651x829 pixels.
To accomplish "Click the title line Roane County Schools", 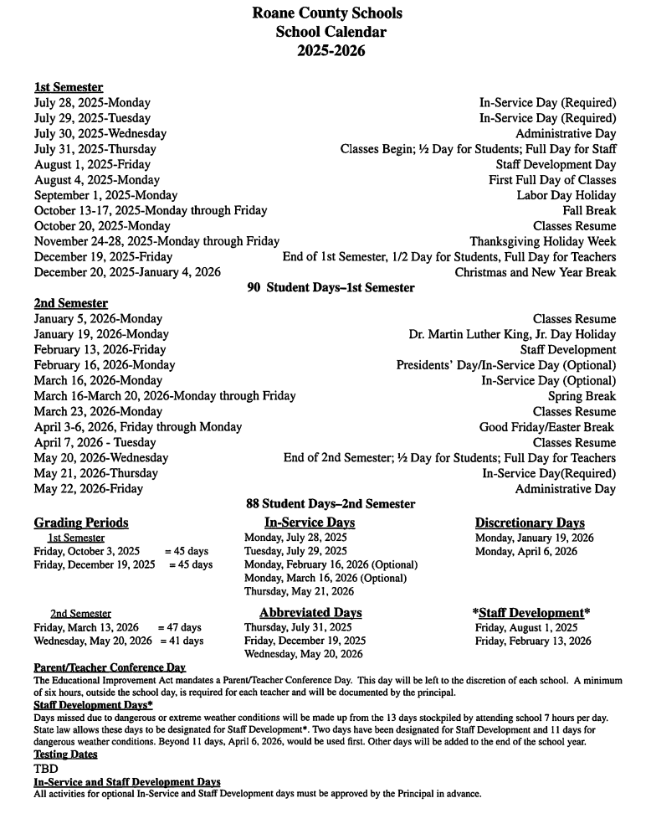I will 326,13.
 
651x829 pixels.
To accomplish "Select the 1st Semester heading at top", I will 69,87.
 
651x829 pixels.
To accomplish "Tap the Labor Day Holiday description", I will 566,195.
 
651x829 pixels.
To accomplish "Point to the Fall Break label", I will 589,210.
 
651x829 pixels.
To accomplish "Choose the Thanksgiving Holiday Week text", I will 542,241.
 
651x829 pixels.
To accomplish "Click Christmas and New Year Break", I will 535,272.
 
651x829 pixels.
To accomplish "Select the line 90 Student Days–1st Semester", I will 331,287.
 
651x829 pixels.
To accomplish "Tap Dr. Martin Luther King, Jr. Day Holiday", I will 512,334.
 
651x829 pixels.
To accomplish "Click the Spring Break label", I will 582,396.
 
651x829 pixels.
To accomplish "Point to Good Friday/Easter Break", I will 546,427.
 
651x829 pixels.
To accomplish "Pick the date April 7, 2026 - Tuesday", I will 95,442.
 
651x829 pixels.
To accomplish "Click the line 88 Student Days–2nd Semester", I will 330,504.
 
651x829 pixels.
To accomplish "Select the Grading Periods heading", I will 81,523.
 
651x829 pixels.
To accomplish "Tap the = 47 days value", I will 179,627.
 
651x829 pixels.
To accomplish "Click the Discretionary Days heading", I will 530,523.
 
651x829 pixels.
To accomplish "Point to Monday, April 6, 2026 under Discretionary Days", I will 525,551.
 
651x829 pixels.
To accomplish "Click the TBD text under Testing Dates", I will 46,768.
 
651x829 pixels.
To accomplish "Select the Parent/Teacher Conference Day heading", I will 110,667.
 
